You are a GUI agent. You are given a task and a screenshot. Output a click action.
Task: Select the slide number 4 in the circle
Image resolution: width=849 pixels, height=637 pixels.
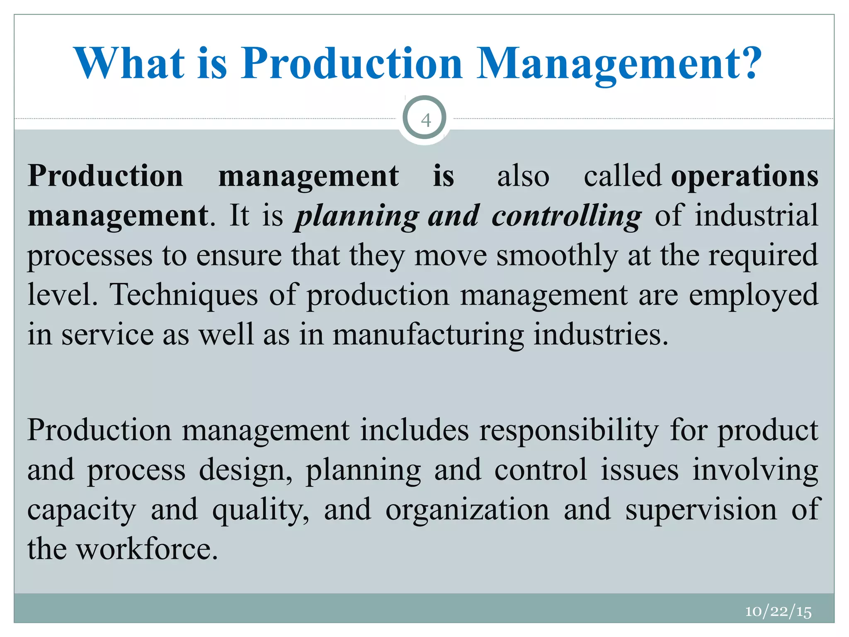tap(425, 120)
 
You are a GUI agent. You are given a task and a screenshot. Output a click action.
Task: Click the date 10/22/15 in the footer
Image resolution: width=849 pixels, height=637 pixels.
tap(778, 611)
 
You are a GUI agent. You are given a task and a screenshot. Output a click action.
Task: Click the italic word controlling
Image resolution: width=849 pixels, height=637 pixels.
tap(566, 216)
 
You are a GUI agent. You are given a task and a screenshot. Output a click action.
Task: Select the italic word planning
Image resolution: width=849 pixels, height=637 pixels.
tap(357, 216)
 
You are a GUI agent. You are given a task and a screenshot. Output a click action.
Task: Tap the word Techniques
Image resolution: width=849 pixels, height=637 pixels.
tap(184, 295)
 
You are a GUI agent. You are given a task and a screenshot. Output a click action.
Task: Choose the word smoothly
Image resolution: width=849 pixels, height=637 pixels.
tap(557, 256)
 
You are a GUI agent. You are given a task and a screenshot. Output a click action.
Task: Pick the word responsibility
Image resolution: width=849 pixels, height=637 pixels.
tap(568, 430)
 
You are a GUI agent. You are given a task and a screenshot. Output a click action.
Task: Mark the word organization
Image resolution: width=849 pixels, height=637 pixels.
tap(467, 510)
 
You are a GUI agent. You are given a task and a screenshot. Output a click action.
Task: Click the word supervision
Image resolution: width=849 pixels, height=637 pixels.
tap(701, 510)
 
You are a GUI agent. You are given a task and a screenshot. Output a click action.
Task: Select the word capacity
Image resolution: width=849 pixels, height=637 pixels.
tap(82, 510)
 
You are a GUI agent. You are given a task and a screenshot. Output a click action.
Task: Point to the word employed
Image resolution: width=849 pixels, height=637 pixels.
tap(753, 295)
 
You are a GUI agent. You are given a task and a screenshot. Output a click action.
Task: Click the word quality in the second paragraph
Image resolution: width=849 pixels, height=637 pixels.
tap(260, 510)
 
